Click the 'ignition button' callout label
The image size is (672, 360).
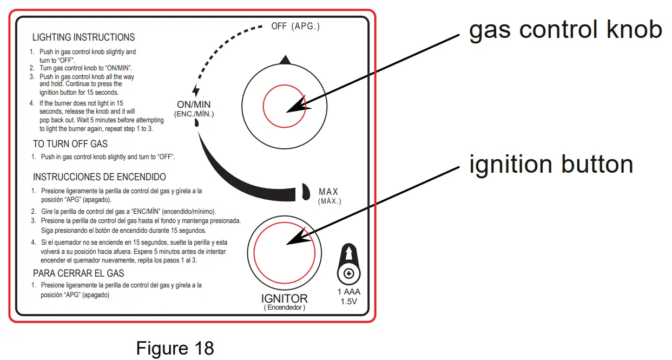click(x=551, y=163)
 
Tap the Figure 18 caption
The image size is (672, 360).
click(x=175, y=348)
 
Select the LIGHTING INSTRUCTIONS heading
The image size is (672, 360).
click(x=83, y=37)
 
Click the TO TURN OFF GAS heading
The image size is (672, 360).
click(x=70, y=144)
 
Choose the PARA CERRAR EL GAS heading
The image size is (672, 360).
click(x=78, y=273)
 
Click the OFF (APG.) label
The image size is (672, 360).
click(x=295, y=27)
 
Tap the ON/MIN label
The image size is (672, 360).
click(x=194, y=104)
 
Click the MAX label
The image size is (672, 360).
click(x=328, y=192)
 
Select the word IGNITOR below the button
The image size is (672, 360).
click(x=284, y=298)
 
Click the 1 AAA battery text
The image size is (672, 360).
click(x=349, y=292)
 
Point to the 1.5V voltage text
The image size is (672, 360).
click(x=349, y=302)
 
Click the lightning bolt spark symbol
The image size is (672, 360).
click(x=195, y=90)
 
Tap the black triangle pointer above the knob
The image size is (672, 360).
click(x=286, y=60)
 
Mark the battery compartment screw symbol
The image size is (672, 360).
click(x=349, y=274)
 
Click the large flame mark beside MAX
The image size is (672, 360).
click(x=305, y=191)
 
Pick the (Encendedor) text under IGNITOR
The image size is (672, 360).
click(x=285, y=307)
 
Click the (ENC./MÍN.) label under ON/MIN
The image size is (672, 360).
click(x=194, y=114)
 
